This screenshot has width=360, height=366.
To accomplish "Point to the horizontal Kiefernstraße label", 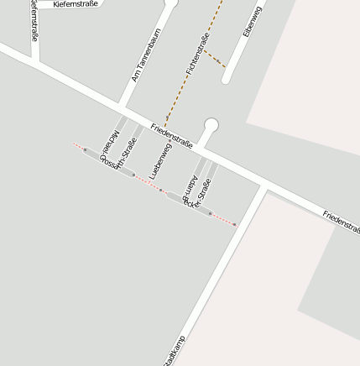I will pos(75,4).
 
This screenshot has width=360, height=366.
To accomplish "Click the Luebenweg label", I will pos(160,159).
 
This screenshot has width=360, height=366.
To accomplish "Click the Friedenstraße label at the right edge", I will pos(341,222).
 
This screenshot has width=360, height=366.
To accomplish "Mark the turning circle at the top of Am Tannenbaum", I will pos(171,3).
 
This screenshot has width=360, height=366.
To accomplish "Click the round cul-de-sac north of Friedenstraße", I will pos(211,126).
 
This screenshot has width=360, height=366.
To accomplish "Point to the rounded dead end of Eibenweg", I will pos(226,81).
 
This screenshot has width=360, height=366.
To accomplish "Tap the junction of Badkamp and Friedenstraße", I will pos(265,186).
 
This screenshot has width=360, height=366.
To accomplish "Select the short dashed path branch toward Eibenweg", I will pos(214,59).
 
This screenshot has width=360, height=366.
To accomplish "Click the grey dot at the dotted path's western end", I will pos(85,149).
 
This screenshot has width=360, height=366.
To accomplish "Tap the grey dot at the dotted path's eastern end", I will pos(234,225).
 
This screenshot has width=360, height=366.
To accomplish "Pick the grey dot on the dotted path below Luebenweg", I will pos(160,190).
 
